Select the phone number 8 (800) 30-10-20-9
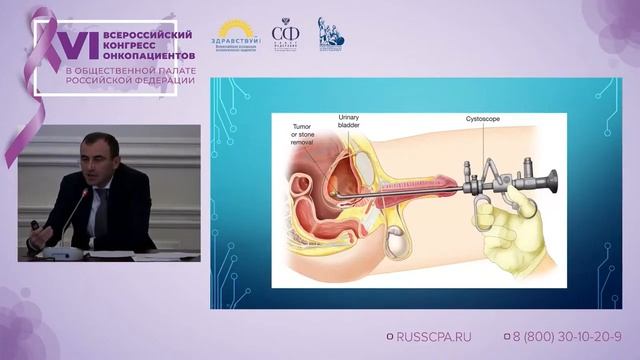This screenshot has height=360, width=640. (566, 338)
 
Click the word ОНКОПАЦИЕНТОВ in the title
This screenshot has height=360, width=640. (134, 54)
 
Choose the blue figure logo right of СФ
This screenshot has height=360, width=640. (330, 33)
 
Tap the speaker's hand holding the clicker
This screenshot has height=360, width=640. (36, 225)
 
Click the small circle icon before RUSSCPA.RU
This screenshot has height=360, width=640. (390, 338)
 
